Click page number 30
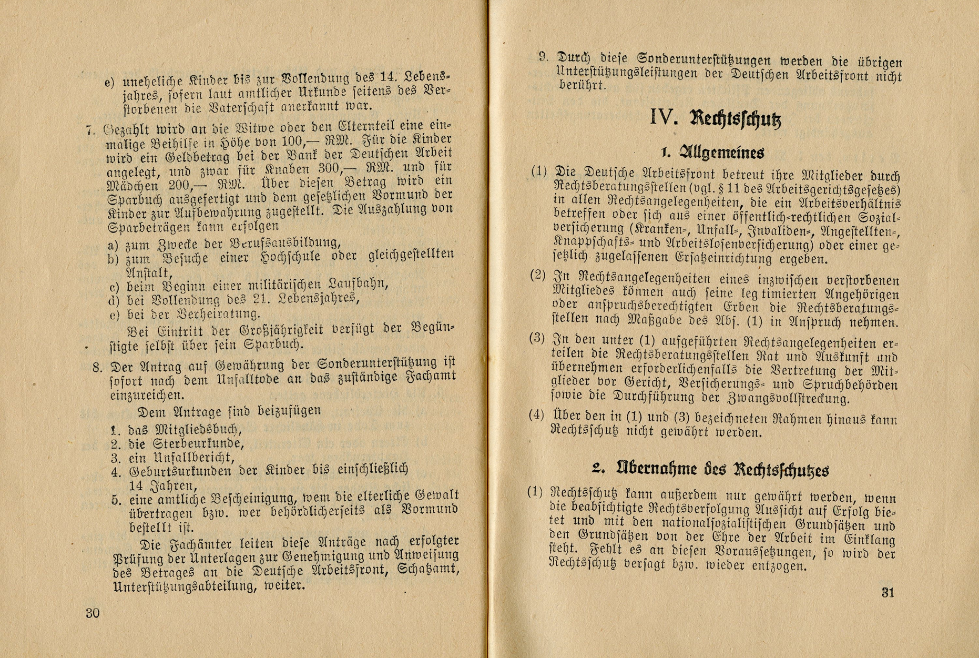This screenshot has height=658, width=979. pos(93,613)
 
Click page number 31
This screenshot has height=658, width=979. pos(888,592)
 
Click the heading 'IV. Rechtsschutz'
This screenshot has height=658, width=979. pos(716,118)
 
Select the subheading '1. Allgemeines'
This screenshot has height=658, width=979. pos(712,153)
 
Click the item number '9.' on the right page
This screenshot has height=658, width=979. pos(544,56)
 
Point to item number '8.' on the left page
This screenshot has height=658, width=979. pos(97,367)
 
